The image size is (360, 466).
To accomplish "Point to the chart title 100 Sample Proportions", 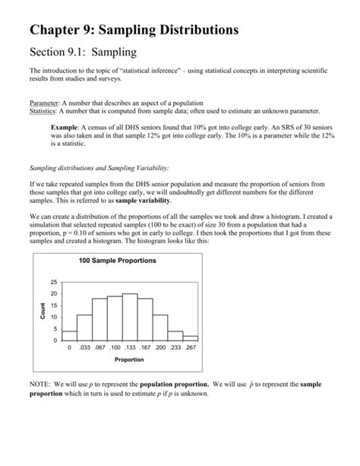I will (117, 261).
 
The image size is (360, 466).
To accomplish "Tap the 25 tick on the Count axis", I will (54, 282).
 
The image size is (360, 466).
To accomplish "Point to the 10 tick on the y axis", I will (54, 317).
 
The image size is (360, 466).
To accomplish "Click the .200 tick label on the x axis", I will (160, 347).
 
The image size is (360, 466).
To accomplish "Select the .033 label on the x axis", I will (84, 347).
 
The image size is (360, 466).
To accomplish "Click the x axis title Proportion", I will (129, 360).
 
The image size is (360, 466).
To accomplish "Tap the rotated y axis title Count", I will (44, 311).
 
